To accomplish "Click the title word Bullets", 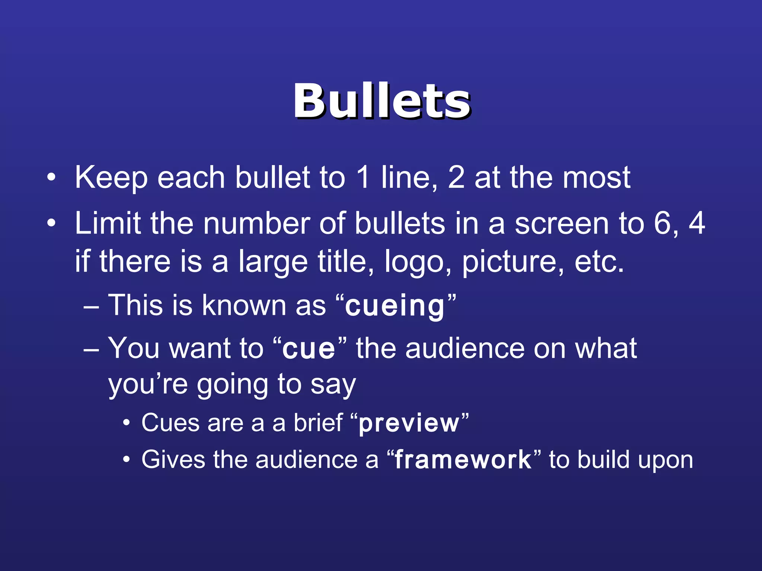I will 382,101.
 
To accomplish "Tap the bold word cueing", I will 395,306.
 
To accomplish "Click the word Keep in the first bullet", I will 111,178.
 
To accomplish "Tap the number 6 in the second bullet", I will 662,223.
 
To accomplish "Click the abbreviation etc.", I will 599,262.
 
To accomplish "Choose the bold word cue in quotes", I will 309,349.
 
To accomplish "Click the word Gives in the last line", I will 173,460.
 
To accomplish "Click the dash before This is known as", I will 92,307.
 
